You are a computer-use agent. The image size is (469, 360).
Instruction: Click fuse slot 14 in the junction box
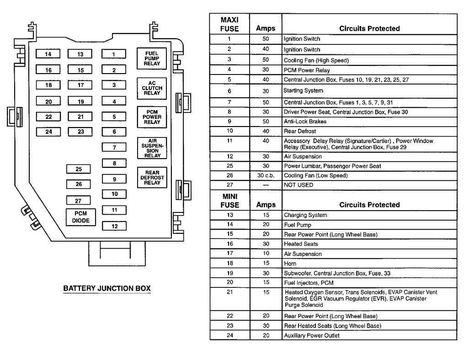point(48,54)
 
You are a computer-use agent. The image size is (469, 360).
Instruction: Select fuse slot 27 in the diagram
point(79,201)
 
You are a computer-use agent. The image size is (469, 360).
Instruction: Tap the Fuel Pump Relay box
point(152,58)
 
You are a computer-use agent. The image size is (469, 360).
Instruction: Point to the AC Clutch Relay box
point(152,88)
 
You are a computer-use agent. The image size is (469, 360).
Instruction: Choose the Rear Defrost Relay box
point(152,178)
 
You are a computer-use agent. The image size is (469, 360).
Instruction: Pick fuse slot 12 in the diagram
point(114,226)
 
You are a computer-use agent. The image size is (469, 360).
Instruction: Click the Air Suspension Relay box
point(152,148)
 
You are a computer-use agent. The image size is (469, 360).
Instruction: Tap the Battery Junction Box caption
point(107,289)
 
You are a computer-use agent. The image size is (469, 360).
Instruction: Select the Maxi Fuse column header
point(229,24)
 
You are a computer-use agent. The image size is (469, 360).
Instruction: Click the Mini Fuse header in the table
point(229,201)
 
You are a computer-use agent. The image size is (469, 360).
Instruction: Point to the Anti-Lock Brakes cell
point(302,121)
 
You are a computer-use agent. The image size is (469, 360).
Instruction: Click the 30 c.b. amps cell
point(266,175)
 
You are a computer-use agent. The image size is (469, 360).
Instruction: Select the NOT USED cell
point(298,185)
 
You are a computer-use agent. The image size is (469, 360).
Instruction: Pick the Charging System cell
point(305,215)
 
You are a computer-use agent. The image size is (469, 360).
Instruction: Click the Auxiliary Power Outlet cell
point(311,335)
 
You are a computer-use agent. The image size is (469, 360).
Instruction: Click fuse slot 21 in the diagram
point(80,117)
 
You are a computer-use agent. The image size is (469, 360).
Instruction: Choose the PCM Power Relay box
point(152,117)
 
